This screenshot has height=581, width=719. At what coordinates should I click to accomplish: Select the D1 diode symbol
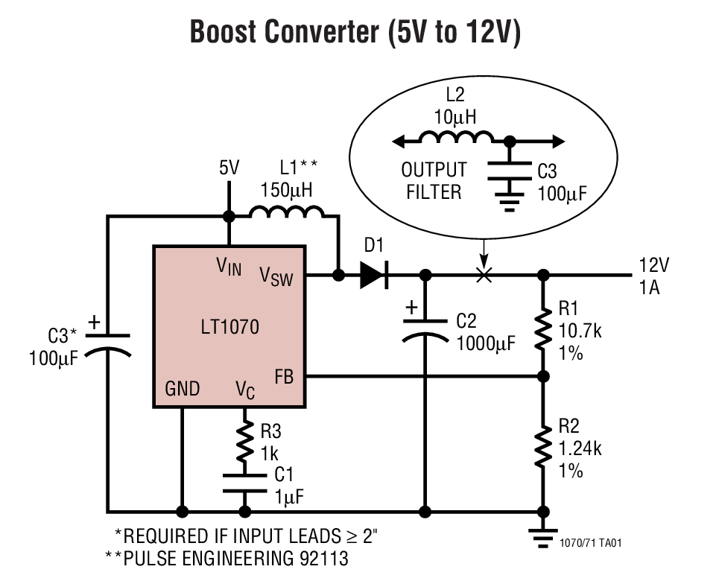(x=373, y=275)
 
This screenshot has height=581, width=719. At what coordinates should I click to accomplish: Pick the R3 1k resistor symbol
(x=244, y=444)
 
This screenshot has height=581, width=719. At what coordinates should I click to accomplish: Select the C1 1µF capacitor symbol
(x=244, y=483)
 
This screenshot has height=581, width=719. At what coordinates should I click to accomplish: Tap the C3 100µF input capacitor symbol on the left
(x=108, y=343)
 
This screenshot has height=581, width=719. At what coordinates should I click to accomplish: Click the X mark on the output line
(x=484, y=276)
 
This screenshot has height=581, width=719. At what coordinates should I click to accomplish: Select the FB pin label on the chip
(x=284, y=376)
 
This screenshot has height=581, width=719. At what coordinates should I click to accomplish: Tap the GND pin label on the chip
(x=182, y=389)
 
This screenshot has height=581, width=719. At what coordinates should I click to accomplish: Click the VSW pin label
(x=276, y=276)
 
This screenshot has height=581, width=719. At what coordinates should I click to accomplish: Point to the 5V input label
(x=229, y=168)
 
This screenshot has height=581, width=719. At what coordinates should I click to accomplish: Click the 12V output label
(x=653, y=265)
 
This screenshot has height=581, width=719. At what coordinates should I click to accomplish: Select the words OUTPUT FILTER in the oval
(x=434, y=181)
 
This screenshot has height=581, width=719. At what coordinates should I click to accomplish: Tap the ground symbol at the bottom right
(x=543, y=533)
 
